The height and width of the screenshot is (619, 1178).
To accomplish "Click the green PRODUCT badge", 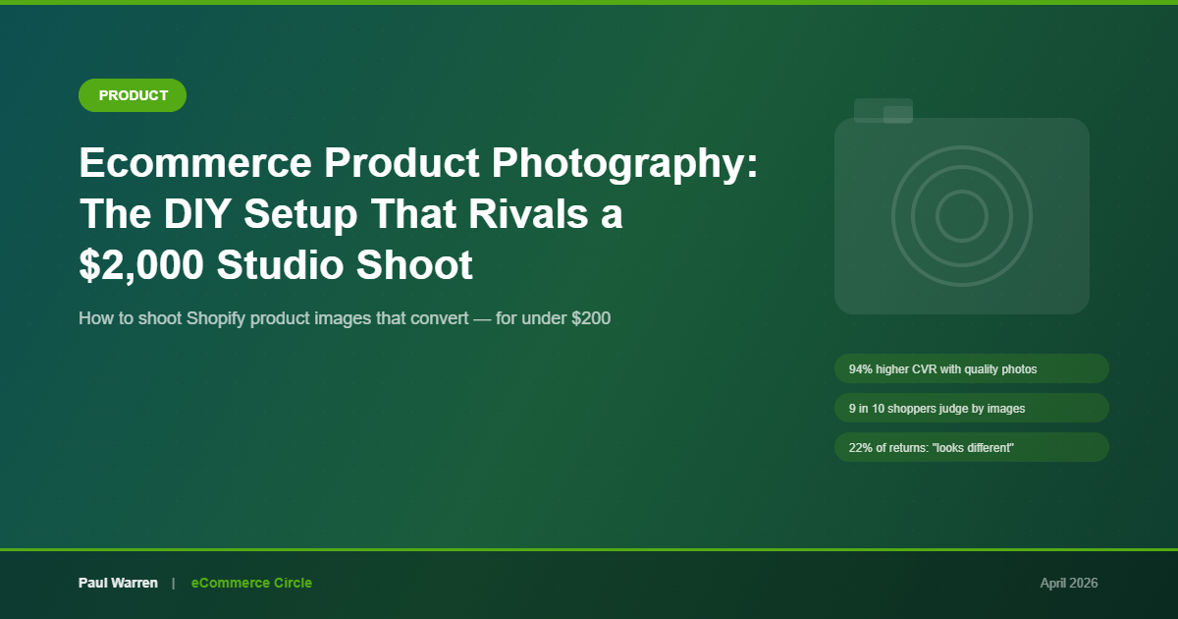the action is [133, 95].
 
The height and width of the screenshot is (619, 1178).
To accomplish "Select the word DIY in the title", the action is [197, 214].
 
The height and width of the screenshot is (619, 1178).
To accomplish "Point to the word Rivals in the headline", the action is [528, 214].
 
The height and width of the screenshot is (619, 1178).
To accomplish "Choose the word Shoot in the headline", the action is [414, 264].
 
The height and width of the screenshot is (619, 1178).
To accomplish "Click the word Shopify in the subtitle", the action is [216, 319].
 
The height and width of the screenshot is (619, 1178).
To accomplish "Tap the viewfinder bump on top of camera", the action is [883, 110].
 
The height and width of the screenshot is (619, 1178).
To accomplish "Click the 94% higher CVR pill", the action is [972, 368].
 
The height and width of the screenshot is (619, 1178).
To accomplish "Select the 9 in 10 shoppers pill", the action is [972, 408].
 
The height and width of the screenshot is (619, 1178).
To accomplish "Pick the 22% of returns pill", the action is [972, 447].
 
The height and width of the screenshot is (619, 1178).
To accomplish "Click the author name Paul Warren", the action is [118, 583].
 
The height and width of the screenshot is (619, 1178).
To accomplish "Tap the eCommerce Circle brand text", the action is [251, 583].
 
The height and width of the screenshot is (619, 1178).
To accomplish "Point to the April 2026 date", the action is [1069, 584].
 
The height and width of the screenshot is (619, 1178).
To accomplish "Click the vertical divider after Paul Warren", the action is [173, 584].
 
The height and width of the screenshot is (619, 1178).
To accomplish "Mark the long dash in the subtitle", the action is [482, 319].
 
